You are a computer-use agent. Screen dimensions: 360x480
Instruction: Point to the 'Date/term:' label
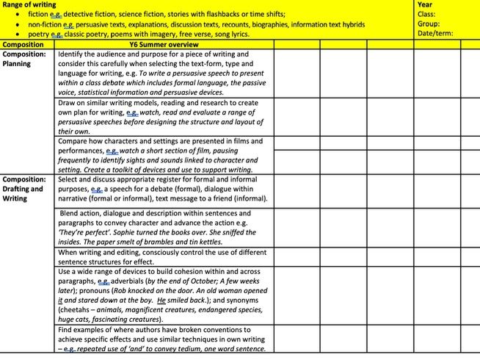point(435,33)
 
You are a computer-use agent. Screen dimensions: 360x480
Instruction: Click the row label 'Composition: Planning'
point(24,59)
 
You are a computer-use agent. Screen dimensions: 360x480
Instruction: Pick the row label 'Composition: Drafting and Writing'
point(24,189)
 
